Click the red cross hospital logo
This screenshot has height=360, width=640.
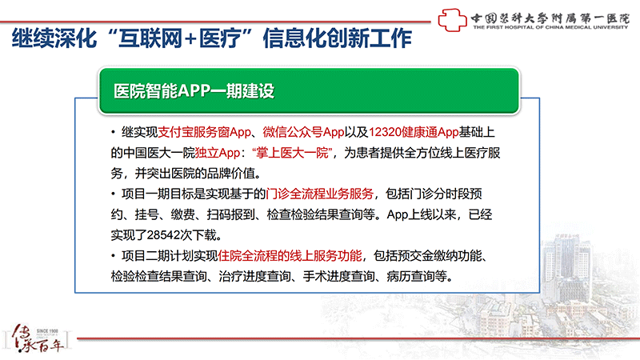[x=452, y=19]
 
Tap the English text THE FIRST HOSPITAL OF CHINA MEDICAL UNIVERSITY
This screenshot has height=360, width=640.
[x=550, y=27]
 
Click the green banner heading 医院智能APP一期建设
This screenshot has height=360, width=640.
[x=194, y=90]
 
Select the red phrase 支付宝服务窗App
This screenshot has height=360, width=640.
[x=204, y=132]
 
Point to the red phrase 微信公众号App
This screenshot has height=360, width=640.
[x=304, y=132]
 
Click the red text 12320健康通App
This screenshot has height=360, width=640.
[x=414, y=132]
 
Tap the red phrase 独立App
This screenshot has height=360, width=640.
[x=217, y=153]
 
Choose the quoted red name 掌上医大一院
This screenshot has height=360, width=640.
[x=293, y=153]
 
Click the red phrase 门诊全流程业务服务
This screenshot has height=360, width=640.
[x=319, y=194]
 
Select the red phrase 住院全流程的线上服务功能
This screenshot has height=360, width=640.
[x=290, y=256]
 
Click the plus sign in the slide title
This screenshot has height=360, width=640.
[x=190, y=39]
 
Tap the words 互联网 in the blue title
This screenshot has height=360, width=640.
[x=150, y=38]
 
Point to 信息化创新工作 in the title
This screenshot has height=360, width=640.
[x=337, y=38]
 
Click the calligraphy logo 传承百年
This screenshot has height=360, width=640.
[x=37, y=338]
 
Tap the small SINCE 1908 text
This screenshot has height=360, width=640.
[x=47, y=331]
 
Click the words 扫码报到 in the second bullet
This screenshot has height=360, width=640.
[x=231, y=214]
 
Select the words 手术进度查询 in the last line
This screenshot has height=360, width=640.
[x=338, y=276]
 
